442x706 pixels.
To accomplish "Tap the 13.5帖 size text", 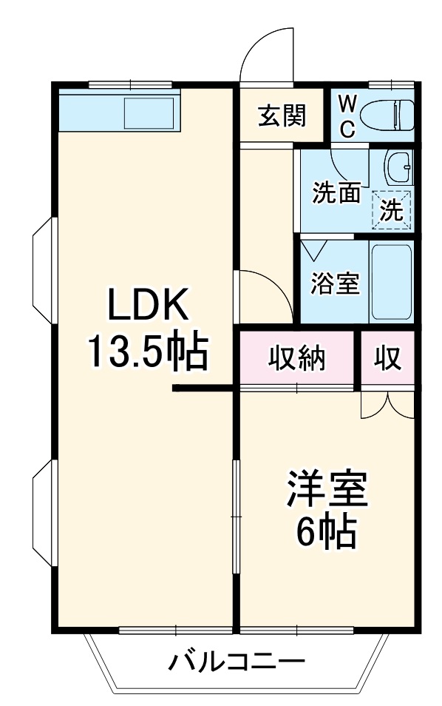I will (x=146, y=352).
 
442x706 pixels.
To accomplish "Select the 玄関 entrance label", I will (x=281, y=115).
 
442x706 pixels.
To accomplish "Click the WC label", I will (x=347, y=115).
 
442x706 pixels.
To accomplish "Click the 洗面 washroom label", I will (x=336, y=193).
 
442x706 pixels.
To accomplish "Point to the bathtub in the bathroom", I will (x=390, y=281).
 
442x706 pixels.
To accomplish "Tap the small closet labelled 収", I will (x=387, y=360).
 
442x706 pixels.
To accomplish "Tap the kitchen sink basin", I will (x=149, y=113).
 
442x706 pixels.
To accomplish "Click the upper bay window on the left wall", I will (x=42, y=271).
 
